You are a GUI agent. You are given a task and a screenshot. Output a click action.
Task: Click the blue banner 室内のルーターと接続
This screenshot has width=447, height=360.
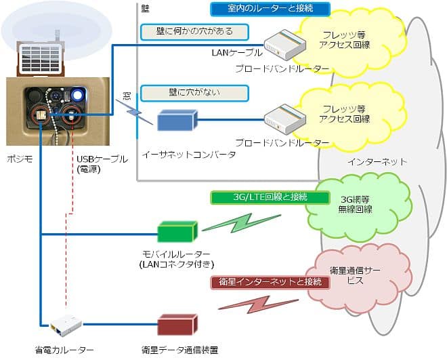click(270, 9)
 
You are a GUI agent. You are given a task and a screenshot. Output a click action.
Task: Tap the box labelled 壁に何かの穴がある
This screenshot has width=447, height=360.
click(194, 31)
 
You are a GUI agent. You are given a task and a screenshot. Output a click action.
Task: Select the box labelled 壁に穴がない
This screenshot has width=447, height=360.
click(194, 92)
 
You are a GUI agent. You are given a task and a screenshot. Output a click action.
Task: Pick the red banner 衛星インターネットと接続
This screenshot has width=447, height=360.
click(270, 281)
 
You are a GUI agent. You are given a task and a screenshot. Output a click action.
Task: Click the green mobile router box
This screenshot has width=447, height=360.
click(177, 232)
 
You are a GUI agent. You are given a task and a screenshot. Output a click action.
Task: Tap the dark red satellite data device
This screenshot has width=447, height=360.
click(177, 325)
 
